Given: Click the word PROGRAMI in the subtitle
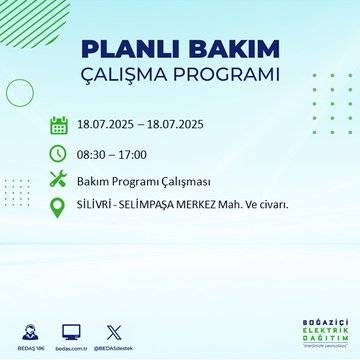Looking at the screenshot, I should [x=231, y=75].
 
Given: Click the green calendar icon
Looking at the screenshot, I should [x=58, y=126].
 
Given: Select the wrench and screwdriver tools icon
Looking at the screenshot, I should [x=58, y=180].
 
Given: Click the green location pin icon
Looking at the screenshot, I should [x=58, y=207].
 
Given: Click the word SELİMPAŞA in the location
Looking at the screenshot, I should [x=152, y=207].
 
